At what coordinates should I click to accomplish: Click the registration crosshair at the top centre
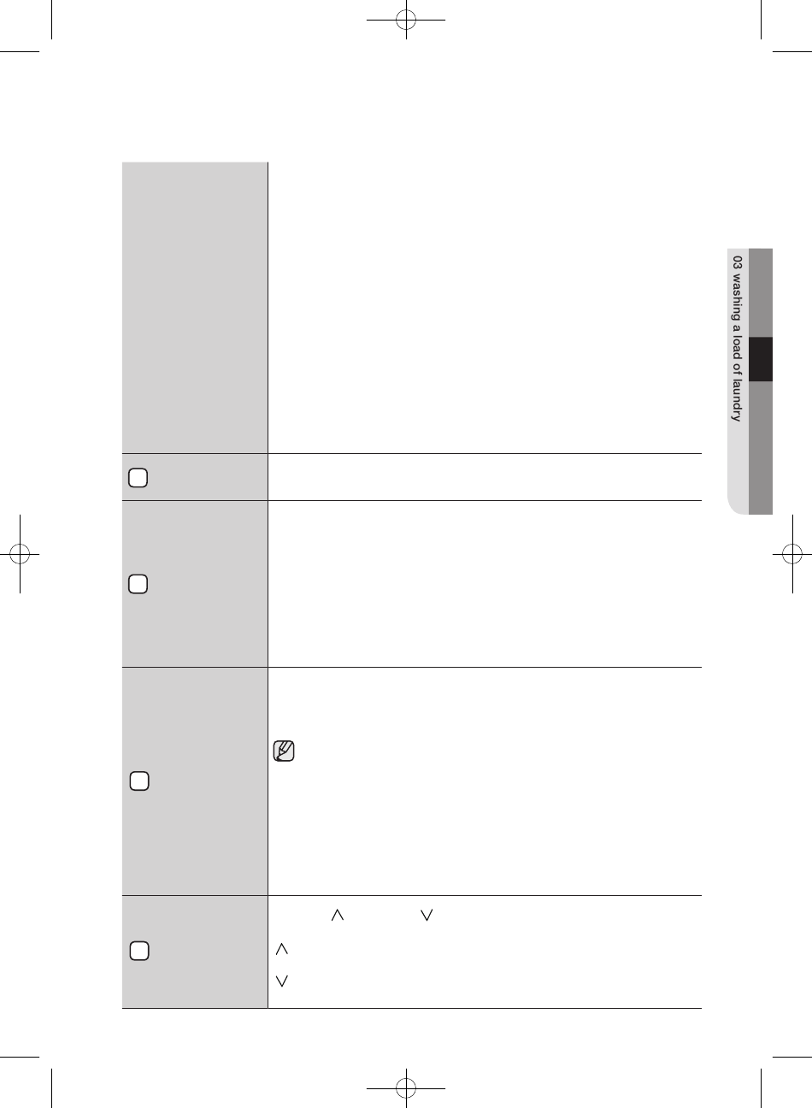coord(406,20)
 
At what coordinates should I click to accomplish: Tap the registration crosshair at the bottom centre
coord(406,1088)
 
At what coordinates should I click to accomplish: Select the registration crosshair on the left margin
coord(20,554)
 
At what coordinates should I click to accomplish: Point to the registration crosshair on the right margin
coord(792,554)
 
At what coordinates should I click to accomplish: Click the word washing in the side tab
coord(737,296)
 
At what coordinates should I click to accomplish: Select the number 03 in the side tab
coord(737,262)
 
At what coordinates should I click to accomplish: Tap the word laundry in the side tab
coord(737,400)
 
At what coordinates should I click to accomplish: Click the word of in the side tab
coord(737,369)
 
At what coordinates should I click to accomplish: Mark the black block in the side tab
coord(761,359)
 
